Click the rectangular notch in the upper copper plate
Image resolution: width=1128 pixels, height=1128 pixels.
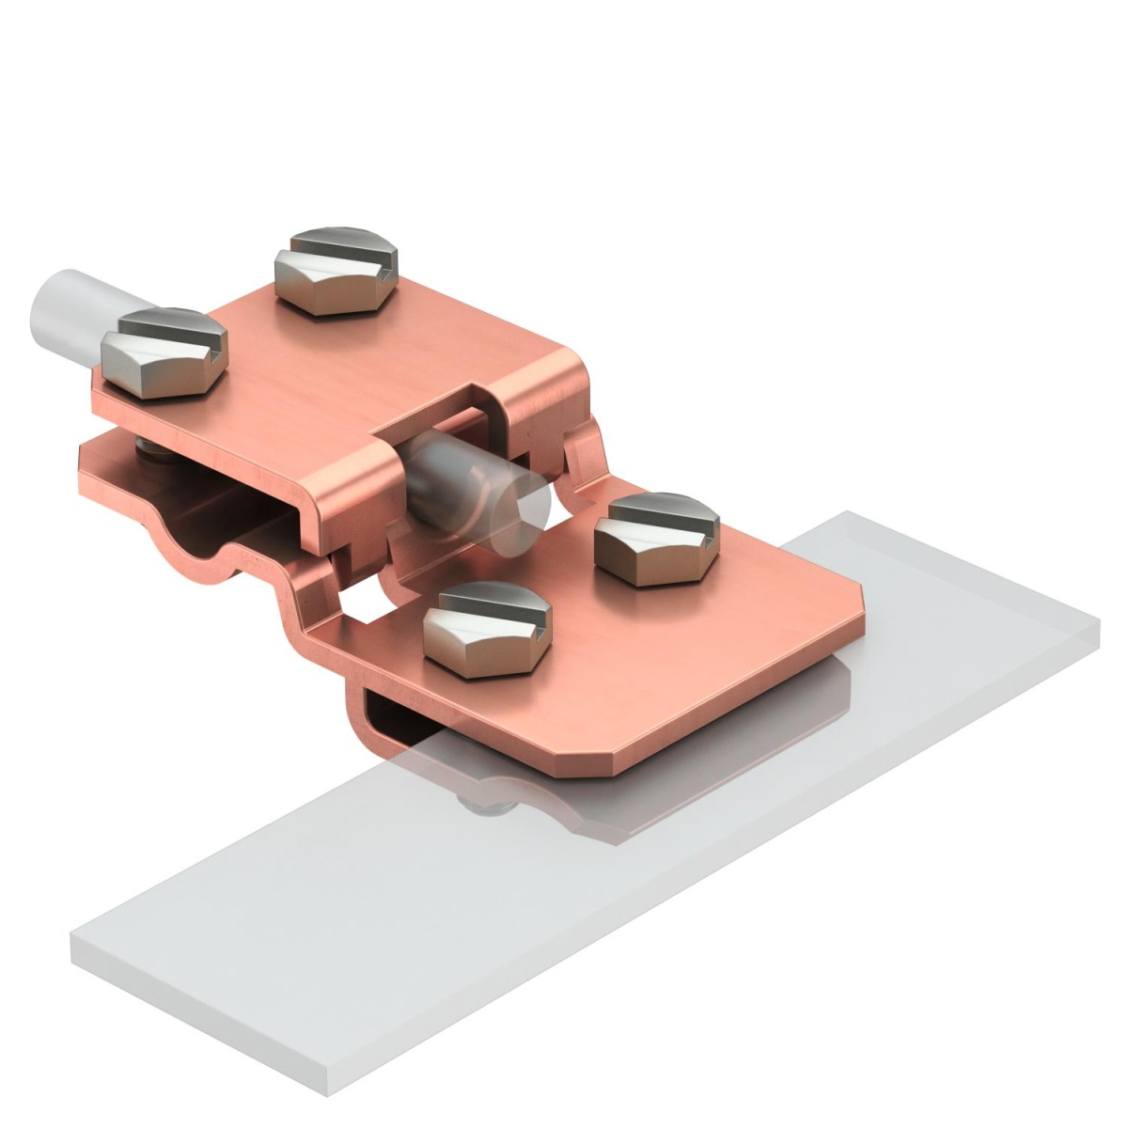click(x=432, y=414)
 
